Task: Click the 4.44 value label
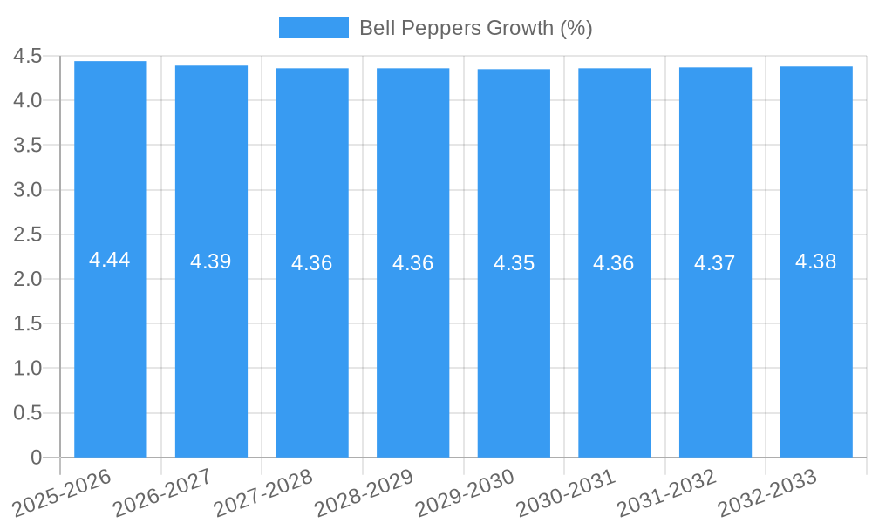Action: tap(110, 260)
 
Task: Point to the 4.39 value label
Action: tap(211, 261)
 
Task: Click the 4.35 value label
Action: tap(514, 263)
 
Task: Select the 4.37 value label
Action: tap(715, 263)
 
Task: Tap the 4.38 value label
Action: tap(816, 261)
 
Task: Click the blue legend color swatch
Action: tap(313, 28)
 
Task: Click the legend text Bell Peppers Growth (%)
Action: tap(475, 28)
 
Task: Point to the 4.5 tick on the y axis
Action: tap(28, 57)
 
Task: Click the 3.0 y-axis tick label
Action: tap(28, 190)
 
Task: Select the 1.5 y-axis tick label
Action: tap(28, 323)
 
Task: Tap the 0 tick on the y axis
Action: tap(36, 458)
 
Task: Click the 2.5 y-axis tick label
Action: tap(28, 234)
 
